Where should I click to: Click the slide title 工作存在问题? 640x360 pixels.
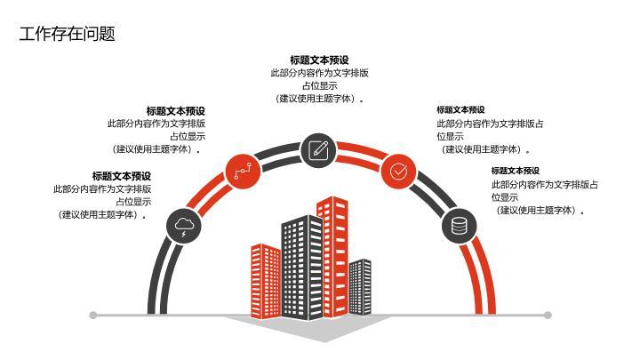click(x=68, y=34)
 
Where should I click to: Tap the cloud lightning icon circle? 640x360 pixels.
click(x=184, y=226)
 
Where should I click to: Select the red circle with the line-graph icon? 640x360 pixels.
click(x=243, y=172)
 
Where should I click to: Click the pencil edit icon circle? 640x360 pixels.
click(x=318, y=150)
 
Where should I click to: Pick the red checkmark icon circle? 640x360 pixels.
click(x=398, y=172)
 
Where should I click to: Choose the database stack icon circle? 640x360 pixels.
click(x=460, y=226)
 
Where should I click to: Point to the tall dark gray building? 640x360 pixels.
click(x=302, y=268)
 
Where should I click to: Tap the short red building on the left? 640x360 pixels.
click(x=266, y=281)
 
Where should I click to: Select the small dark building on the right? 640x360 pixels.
click(x=360, y=287)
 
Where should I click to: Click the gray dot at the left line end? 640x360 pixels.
click(x=93, y=315)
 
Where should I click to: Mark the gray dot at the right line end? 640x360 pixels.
click(x=548, y=315)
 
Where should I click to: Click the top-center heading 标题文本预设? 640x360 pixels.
click(x=320, y=60)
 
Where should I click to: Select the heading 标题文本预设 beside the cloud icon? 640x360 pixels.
click(x=122, y=176)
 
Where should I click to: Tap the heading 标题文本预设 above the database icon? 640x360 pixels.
click(x=516, y=171)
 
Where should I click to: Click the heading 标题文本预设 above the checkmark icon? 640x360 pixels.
click(x=460, y=110)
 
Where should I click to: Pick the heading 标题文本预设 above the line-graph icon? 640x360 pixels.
click(x=176, y=111)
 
